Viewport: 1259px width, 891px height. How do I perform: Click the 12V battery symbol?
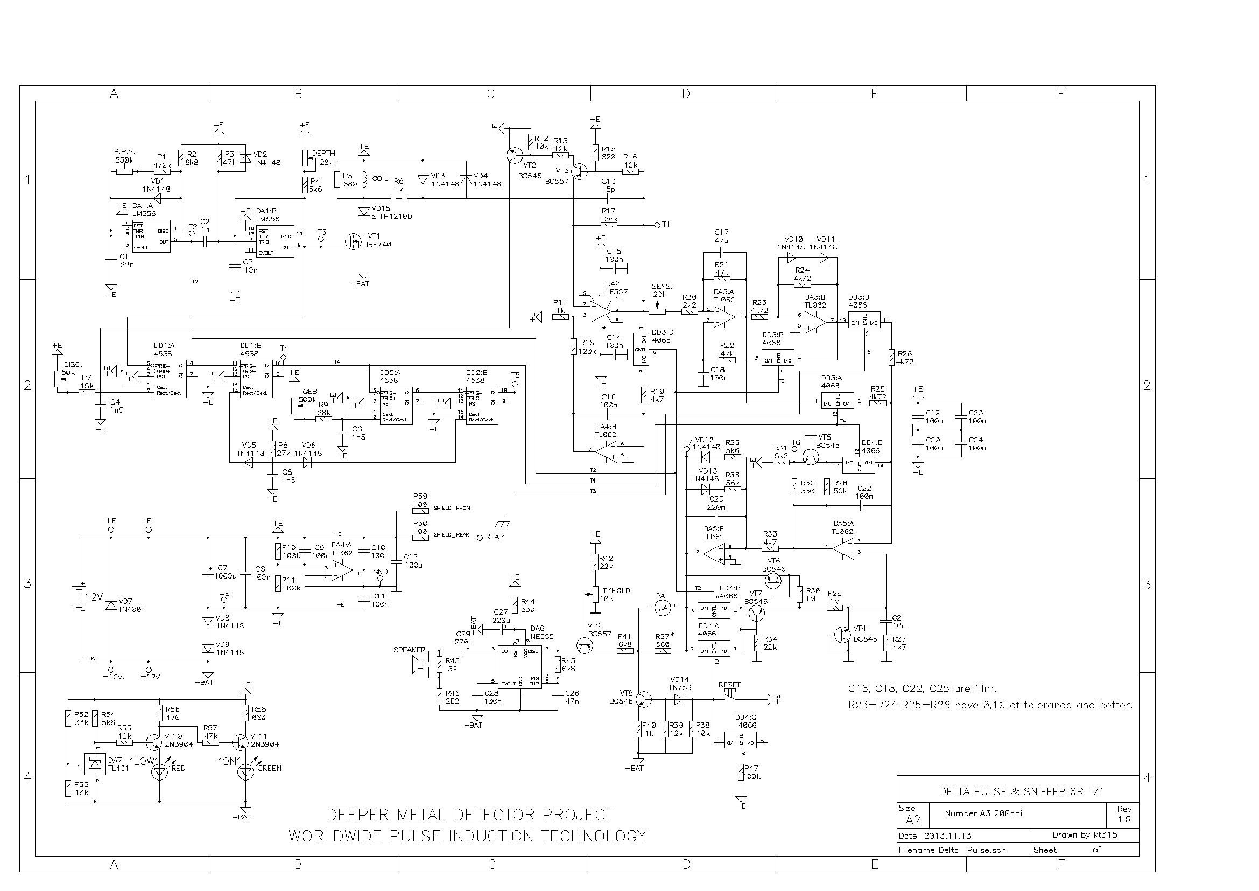pos(80,596)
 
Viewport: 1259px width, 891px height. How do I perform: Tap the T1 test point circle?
pos(657,225)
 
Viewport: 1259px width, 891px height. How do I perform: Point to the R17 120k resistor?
pos(609,225)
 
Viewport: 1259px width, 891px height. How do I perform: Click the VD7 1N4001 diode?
pos(111,605)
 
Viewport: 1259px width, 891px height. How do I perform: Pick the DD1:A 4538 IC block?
pos(170,378)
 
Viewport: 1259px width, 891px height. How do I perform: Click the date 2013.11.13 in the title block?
pos(947,836)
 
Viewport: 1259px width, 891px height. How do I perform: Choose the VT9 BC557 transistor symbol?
pos(585,646)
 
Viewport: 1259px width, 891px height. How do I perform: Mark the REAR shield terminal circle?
pos(480,537)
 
